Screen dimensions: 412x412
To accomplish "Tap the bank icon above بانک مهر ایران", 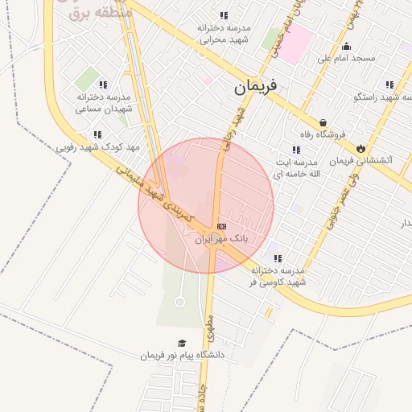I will (221, 226).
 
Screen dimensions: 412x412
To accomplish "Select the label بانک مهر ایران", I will (221, 239).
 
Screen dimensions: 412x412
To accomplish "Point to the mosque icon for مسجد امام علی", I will (346, 46).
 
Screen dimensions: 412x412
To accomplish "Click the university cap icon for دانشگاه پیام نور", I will (181, 343).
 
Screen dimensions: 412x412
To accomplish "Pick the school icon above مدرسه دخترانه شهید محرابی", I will (223, 15).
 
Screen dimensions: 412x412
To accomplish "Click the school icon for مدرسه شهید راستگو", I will (389, 84).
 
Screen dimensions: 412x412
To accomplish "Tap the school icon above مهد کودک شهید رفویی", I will (97, 135).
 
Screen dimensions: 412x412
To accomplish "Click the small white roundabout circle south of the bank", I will (179, 302).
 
